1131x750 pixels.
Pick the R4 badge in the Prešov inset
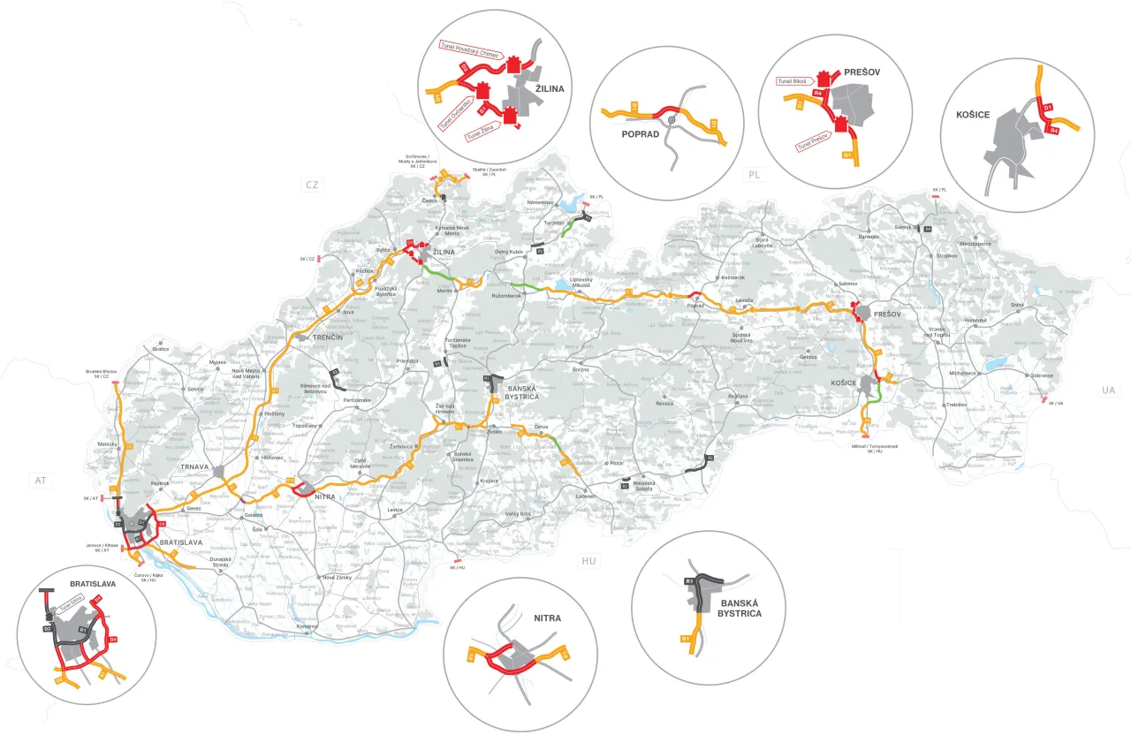tap(819, 92)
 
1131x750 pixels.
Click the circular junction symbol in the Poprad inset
tap(672, 117)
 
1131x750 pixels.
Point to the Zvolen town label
tap(494, 432)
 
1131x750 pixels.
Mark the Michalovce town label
tap(961, 373)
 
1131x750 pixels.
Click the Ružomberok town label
tap(509, 295)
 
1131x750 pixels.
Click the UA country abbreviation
tap(1110, 390)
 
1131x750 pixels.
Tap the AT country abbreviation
tap(39, 481)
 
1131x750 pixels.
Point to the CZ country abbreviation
tap(310, 185)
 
